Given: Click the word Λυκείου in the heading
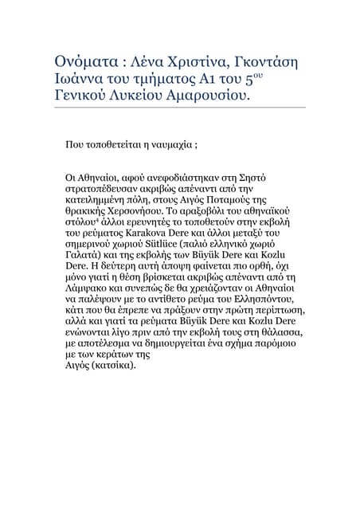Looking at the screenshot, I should [147, 97].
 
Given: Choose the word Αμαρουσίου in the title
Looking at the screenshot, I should [213, 97].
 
